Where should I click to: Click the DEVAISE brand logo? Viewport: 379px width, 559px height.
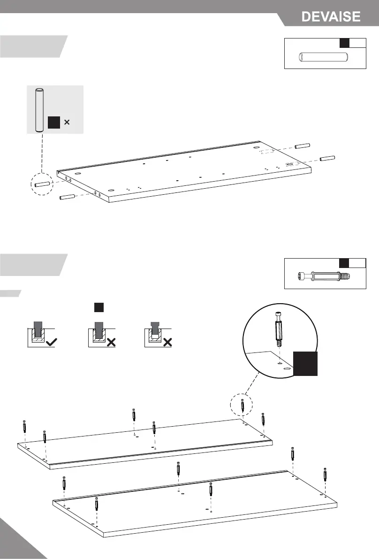(x=331, y=17)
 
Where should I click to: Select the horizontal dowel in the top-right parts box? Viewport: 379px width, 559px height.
(x=323, y=57)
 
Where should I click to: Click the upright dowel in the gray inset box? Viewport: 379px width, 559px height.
(x=40, y=110)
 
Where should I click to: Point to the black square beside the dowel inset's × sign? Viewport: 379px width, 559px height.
(x=53, y=123)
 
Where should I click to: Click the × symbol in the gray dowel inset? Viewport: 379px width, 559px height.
(x=67, y=123)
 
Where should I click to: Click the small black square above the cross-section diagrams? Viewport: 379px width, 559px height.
(x=98, y=307)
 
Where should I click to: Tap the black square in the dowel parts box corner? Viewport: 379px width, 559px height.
(x=344, y=43)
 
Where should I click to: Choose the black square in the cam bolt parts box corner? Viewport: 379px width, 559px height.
(x=344, y=262)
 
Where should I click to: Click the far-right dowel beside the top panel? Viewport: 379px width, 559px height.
(x=327, y=158)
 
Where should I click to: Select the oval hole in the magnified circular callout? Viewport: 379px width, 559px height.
(x=287, y=370)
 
